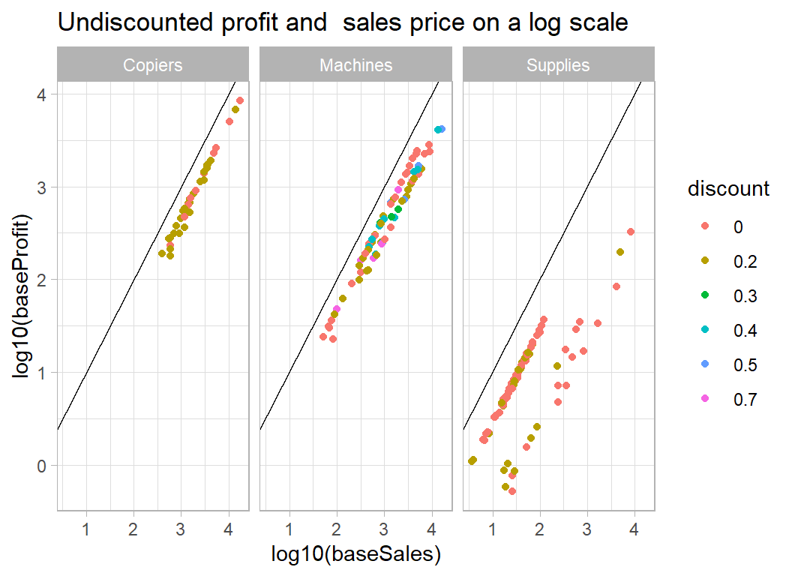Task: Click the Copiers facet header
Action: [x=153, y=65]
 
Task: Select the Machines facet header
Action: [x=356, y=65]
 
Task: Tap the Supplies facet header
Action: [x=558, y=65]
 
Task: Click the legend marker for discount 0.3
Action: [x=704, y=296]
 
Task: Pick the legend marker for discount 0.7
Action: [x=704, y=400]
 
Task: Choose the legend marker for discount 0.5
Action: [x=704, y=365]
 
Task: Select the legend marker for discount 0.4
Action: [x=704, y=331]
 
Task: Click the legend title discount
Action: [x=728, y=189]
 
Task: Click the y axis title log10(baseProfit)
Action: [x=23, y=296]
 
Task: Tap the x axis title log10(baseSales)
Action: [x=355, y=554]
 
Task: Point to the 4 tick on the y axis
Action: [x=42, y=95]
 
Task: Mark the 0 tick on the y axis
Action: [x=42, y=466]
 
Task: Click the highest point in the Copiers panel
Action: [x=240, y=100]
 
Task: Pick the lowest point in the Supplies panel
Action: [x=512, y=491]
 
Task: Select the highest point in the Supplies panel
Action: [x=631, y=232]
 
